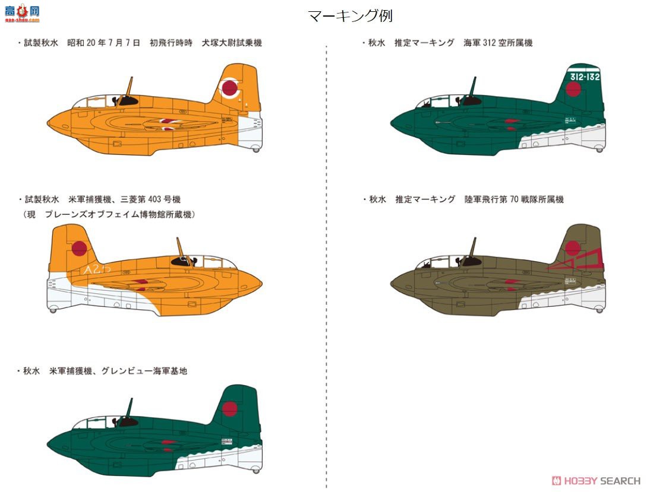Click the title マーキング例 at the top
(350, 16)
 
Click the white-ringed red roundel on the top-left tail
(229, 89)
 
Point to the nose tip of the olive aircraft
(392, 282)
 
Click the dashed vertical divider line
(326, 267)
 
